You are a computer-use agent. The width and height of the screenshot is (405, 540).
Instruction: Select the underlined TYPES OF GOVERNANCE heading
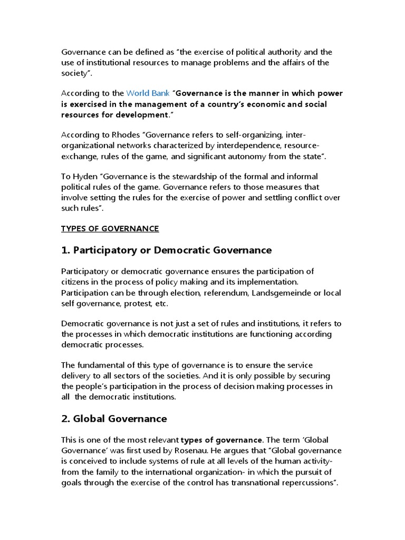[x=110, y=228]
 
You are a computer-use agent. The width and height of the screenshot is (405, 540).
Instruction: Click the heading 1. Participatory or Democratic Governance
[x=166, y=249]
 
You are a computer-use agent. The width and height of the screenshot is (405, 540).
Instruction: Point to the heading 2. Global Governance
[x=114, y=419]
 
